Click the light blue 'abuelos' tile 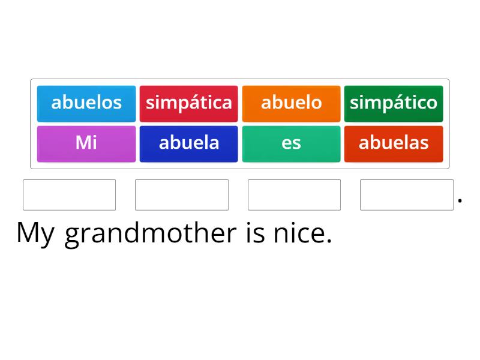pyautogui.click(x=86, y=103)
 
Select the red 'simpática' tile pyautogui.click(x=189, y=103)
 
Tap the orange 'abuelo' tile pyautogui.click(x=291, y=103)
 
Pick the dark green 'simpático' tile pyautogui.click(x=394, y=103)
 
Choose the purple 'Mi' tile pyautogui.click(x=86, y=143)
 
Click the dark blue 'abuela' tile pyautogui.click(x=189, y=143)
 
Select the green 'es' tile pyautogui.click(x=291, y=143)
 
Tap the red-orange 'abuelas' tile pyautogui.click(x=394, y=143)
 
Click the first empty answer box pyautogui.click(x=69, y=195)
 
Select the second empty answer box pyautogui.click(x=182, y=195)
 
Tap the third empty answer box pyautogui.click(x=294, y=195)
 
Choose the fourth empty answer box pyautogui.click(x=407, y=195)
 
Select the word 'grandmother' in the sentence pyautogui.click(x=151, y=233)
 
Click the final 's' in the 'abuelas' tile pyautogui.click(x=425, y=143)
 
